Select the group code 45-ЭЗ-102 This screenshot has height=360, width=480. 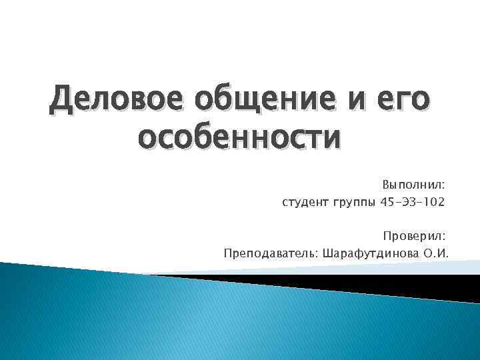(x=412, y=201)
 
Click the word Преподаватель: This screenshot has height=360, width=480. (x=273, y=253)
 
